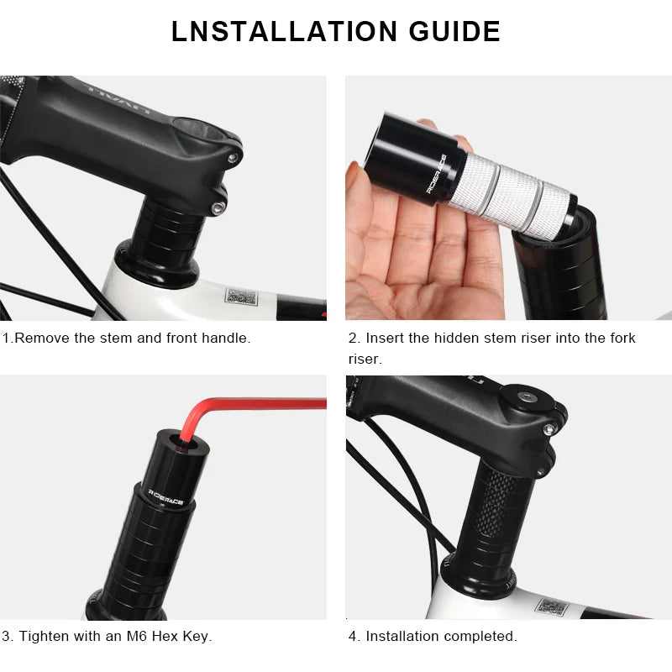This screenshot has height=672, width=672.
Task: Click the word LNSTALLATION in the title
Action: click(x=271, y=31)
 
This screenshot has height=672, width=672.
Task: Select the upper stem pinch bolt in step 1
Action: click(x=233, y=157)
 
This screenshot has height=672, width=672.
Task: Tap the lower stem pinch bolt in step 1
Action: click(x=218, y=206)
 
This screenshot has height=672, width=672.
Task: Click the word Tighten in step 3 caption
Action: click(x=45, y=636)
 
